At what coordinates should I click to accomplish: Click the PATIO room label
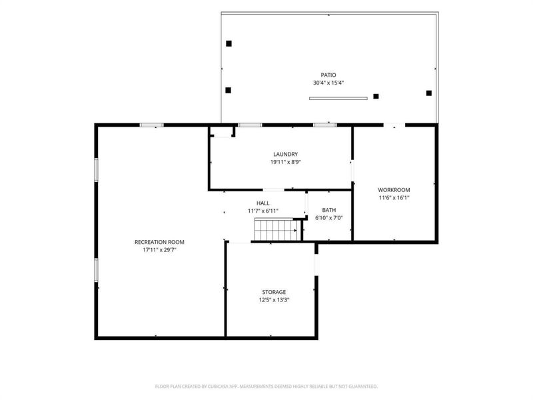(x=328, y=75)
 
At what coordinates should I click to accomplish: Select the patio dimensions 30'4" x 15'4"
(x=328, y=83)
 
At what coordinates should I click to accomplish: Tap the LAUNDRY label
(x=286, y=155)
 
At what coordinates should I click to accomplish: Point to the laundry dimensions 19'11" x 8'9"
(x=286, y=162)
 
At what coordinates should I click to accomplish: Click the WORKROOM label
(x=394, y=190)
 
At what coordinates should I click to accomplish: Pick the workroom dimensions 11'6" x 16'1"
(x=394, y=197)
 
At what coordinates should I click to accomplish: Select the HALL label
(x=263, y=203)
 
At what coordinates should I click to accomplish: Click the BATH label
(x=328, y=210)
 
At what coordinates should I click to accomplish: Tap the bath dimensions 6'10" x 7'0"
(x=328, y=218)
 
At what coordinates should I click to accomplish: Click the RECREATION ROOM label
(x=159, y=242)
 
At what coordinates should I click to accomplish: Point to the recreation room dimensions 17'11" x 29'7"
(x=159, y=250)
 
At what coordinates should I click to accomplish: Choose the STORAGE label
(x=274, y=292)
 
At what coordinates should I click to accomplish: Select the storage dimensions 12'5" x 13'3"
(x=274, y=300)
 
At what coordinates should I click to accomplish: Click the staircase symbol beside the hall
(x=278, y=230)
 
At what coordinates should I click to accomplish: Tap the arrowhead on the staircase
(x=295, y=231)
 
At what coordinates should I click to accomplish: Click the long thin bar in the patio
(x=338, y=99)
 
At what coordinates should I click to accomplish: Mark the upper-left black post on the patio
(x=229, y=43)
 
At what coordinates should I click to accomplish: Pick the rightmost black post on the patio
(x=429, y=93)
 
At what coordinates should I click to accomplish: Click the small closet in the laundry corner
(x=223, y=131)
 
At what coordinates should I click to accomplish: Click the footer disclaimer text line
(x=266, y=387)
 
